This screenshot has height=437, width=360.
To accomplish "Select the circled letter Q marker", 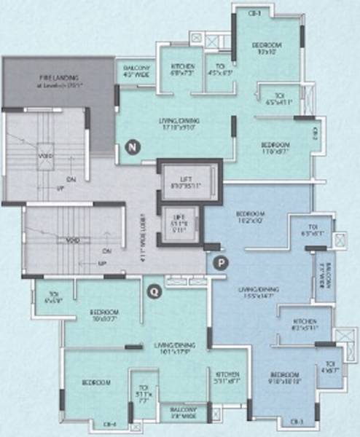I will click(152, 293).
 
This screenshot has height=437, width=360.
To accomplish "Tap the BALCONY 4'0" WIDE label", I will click(135, 70).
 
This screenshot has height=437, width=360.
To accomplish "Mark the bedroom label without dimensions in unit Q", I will click(95, 382).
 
